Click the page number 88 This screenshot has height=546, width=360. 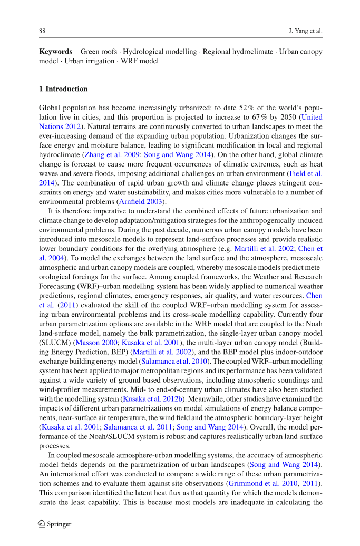43,31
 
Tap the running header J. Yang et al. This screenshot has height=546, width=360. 305,31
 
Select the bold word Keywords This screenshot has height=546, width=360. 55,52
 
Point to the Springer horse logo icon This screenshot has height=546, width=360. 42,524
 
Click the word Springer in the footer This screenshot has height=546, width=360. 59,524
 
